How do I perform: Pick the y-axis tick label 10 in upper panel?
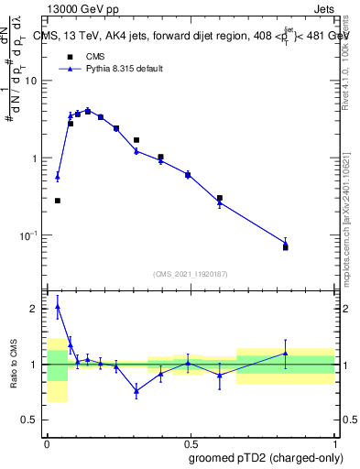[x=32, y=81]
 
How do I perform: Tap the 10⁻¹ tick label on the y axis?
[x=30, y=235]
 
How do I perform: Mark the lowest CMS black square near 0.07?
[x=286, y=247]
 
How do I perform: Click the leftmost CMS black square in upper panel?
[x=57, y=201]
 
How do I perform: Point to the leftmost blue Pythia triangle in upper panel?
[x=57, y=176]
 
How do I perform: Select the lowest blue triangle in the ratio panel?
[x=136, y=391]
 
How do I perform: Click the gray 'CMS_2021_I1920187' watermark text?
[x=190, y=273]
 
